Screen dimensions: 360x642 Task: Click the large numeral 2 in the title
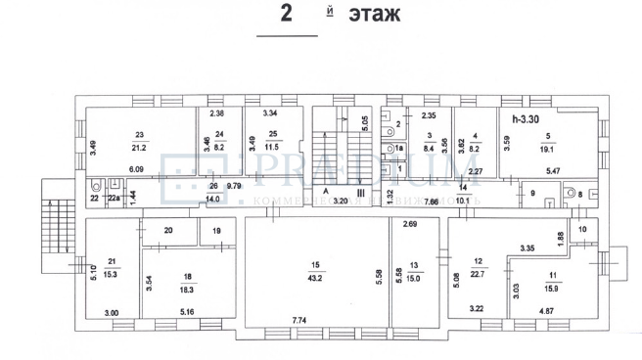click(x=287, y=15)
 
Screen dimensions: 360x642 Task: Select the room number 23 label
click(x=140, y=134)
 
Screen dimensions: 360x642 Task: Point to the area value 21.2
click(x=140, y=148)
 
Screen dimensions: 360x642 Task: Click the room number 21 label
click(x=113, y=259)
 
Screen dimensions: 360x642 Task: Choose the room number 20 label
click(x=167, y=230)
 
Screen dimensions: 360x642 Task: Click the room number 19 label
click(x=216, y=231)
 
